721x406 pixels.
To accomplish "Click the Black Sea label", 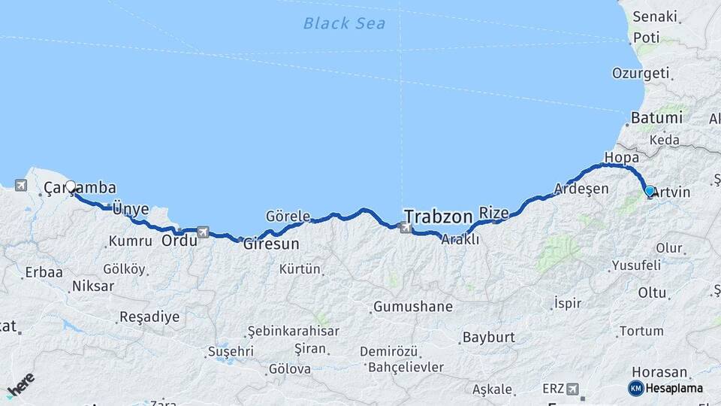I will (x=344, y=23).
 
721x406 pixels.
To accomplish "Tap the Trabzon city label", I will (x=437, y=214).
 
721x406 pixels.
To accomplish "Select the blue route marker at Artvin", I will (x=650, y=191).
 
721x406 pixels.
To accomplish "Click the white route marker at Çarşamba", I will (x=71, y=186).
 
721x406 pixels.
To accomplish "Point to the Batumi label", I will (x=656, y=118).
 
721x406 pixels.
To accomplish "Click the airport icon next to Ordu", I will (x=203, y=233).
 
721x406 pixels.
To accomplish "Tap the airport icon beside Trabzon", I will (x=406, y=227).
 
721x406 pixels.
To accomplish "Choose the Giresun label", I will (x=271, y=244).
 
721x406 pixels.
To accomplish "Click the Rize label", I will (x=493, y=213).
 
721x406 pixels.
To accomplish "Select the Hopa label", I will (x=620, y=158).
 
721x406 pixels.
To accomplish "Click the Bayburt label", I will (x=487, y=337).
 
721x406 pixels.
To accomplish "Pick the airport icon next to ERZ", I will (x=573, y=389).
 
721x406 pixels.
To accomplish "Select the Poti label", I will (x=646, y=37).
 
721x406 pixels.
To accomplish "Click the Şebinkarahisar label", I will (x=294, y=331).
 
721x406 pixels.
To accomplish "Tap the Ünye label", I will (x=130, y=209).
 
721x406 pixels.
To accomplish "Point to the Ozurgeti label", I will (x=640, y=73).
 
